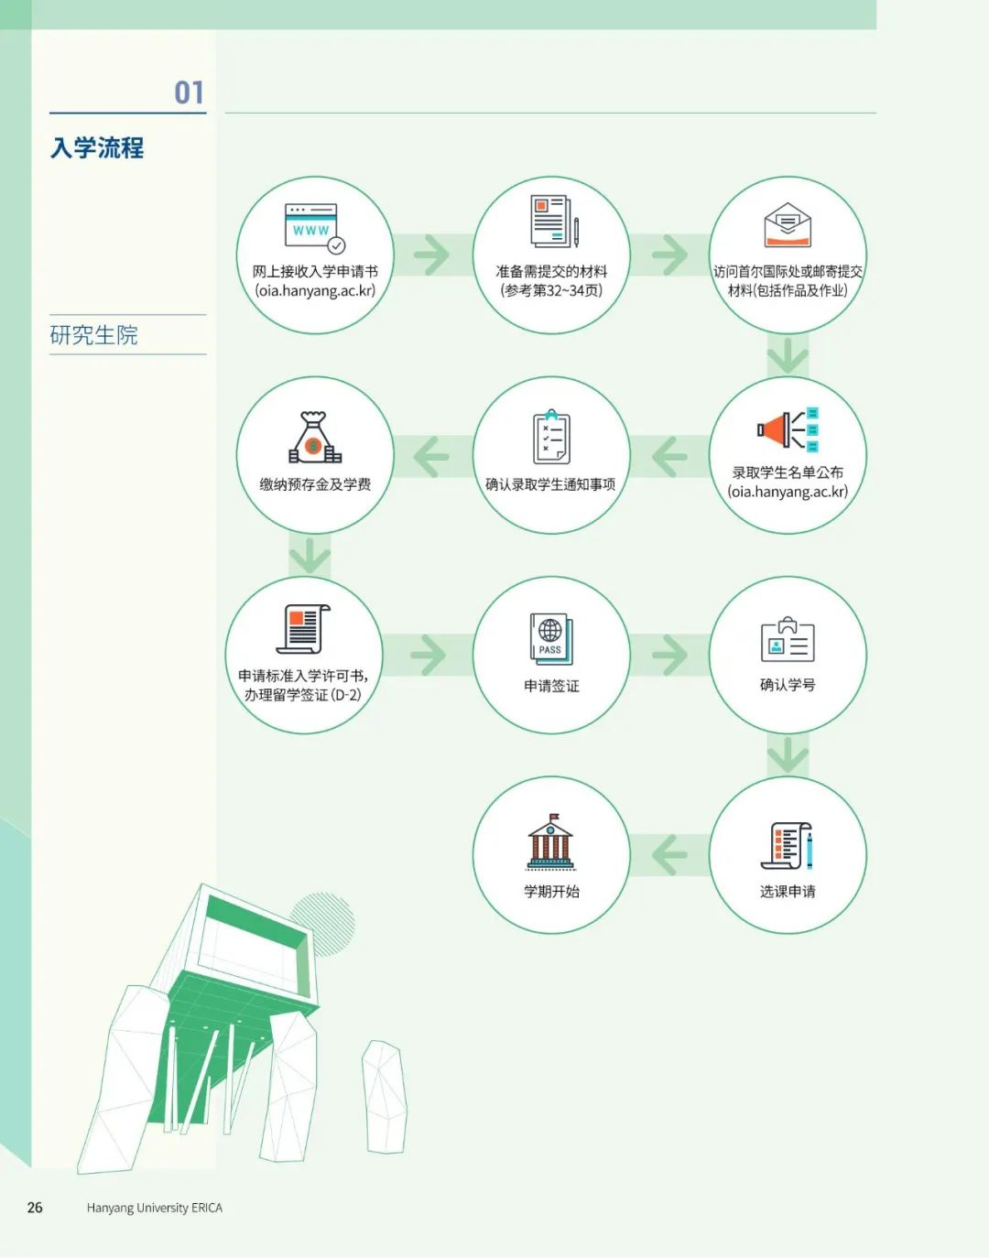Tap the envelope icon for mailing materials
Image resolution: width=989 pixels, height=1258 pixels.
click(788, 224)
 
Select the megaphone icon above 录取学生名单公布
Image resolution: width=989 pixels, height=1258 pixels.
click(788, 429)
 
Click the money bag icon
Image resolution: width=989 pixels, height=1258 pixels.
click(314, 437)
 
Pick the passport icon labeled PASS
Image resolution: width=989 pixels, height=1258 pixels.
click(551, 638)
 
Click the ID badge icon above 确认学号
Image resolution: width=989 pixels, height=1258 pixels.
click(788, 639)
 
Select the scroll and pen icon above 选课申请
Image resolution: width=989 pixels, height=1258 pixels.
click(788, 845)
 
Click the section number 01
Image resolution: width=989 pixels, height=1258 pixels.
click(190, 92)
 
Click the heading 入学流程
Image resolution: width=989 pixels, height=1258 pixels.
click(97, 147)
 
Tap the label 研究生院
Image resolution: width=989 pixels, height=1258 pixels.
click(93, 335)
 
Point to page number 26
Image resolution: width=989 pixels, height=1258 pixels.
click(35, 1207)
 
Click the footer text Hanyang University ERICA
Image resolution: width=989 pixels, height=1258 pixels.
click(155, 1208)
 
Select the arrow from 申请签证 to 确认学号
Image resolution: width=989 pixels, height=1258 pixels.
click(670, 655)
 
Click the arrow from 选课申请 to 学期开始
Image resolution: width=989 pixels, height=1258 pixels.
click(669, 855)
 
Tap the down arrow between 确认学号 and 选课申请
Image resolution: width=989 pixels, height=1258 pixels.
click(788, 754)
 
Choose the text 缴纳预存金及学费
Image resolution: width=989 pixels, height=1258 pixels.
click(315, 484)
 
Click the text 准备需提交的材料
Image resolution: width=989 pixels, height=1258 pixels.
click(551, 272)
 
